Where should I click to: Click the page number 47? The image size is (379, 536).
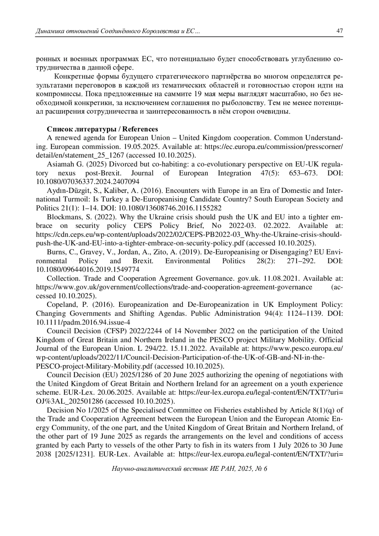click(x=340, y=31)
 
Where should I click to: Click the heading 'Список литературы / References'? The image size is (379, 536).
click(x=102, y=129)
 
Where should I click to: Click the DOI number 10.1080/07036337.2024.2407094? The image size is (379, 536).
click(x=88, y=182)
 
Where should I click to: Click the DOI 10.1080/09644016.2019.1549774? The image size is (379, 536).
click(x=88, y=270)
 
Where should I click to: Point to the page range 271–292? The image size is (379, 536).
click(x=301, y=261)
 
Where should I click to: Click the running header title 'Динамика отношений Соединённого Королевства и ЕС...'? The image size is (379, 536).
click(x=118, y=31)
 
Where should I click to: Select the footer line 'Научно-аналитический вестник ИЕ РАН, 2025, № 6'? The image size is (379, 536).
click(x=189, y=469)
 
